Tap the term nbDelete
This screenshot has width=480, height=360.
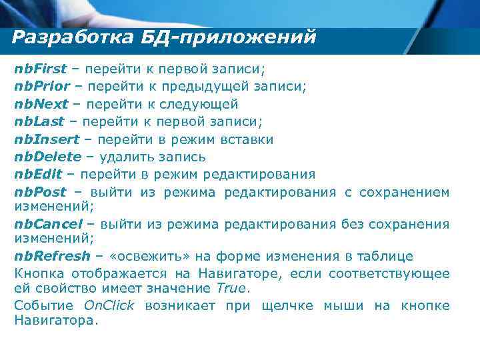(47, 157)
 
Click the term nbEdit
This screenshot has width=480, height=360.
(38, 175)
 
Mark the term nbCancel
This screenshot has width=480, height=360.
(49, 223)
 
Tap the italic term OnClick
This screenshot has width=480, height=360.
(109, 305)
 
